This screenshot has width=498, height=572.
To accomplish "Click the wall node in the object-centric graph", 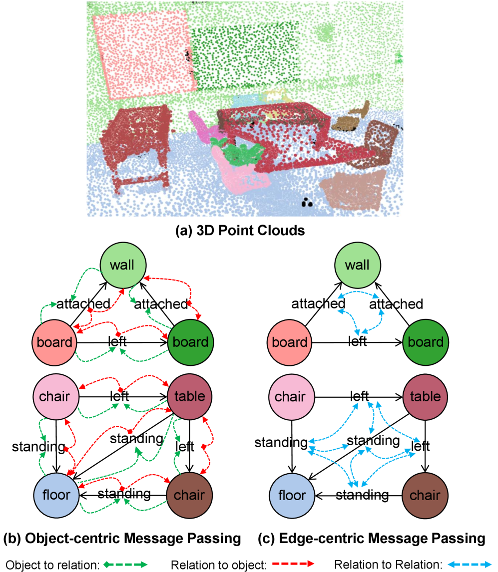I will [x=122, y=264].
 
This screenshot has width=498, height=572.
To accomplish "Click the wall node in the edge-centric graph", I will [x=357, y=264].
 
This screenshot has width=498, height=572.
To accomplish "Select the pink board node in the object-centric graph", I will [x=55, y=342].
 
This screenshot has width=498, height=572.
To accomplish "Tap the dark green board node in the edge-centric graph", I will [x=425, y=342].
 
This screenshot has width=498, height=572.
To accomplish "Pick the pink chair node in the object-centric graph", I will [x=55, y=397].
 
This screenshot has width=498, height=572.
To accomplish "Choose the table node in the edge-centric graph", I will [x=425, y=397].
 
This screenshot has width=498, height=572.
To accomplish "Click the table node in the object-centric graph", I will [x=190, y=397].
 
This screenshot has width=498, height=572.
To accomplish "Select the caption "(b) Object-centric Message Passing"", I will [x=122, y=539].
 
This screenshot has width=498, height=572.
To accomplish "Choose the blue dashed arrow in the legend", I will [x=470, y=565].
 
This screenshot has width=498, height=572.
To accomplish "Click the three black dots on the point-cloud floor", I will [x=306, y=203].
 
